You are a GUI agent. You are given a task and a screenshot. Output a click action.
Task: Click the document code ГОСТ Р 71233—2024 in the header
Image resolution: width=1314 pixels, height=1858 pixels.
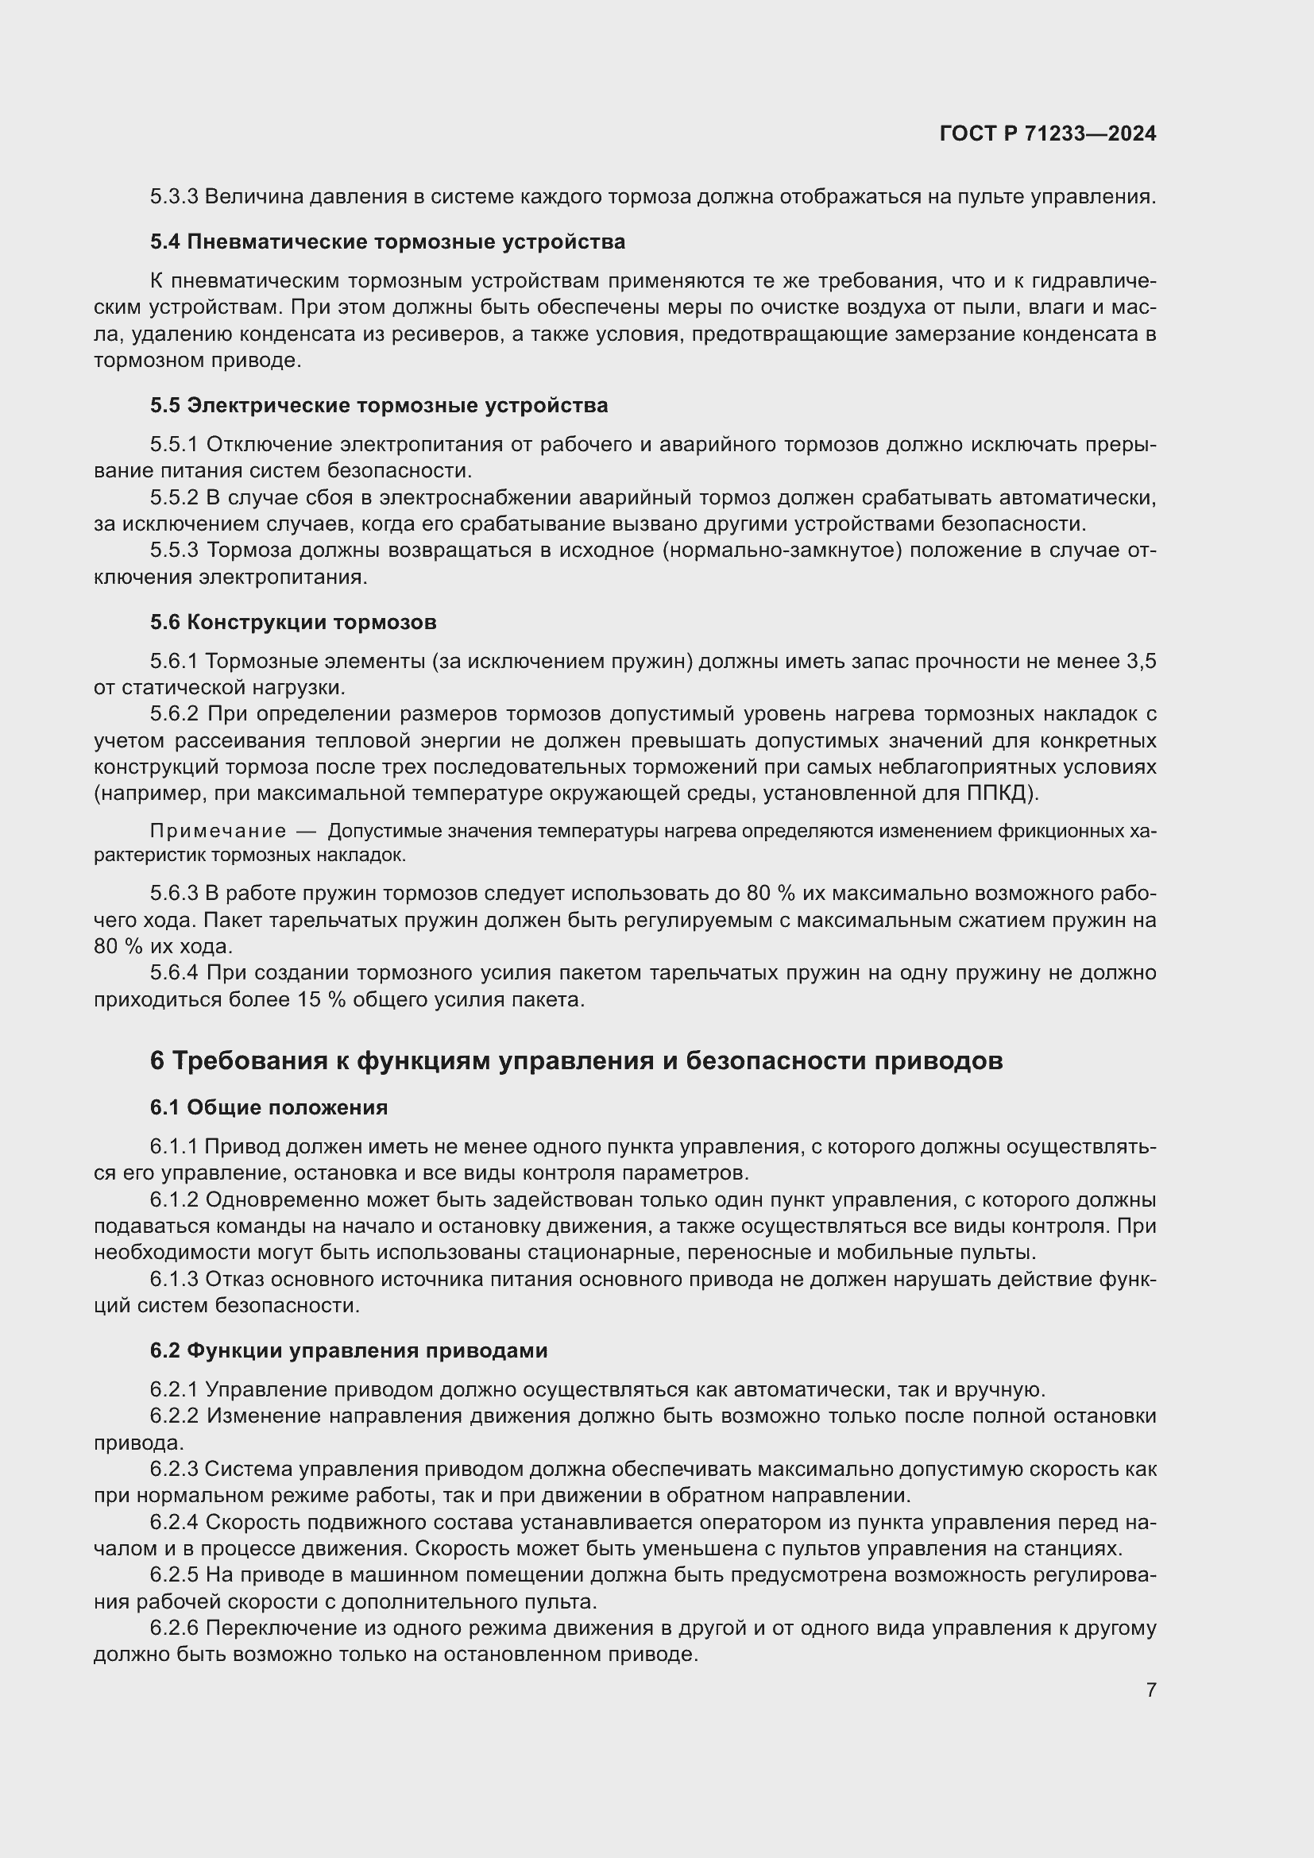pos(1048,134)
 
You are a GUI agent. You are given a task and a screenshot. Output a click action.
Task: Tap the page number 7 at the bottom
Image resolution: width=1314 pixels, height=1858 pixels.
pos(1150,1690)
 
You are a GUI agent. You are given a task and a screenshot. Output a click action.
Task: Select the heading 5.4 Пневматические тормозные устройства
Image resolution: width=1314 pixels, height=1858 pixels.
pos(387,242)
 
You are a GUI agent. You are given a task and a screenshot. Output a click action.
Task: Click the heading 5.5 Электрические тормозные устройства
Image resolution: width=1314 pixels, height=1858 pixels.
pos(379,405)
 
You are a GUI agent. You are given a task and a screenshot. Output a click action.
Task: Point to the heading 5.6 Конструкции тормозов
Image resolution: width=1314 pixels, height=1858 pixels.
pos(293,622)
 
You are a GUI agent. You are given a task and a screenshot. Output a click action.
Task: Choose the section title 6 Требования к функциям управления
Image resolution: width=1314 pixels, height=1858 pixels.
pos(576,1060)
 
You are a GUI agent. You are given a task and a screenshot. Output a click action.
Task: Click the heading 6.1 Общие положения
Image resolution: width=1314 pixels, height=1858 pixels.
pos(269,1108)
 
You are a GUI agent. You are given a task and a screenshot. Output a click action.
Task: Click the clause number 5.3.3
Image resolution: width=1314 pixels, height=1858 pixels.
pos(174,197)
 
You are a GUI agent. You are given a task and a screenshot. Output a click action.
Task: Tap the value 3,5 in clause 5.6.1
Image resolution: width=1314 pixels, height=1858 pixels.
pos(1141,662)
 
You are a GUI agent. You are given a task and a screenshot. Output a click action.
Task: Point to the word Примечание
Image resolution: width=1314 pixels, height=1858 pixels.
pos(218,832)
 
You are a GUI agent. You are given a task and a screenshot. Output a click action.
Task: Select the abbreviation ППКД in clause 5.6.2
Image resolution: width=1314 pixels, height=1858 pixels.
pos(999,794)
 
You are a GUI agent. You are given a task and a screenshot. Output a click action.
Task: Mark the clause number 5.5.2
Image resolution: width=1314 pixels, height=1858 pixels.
pos(174,498)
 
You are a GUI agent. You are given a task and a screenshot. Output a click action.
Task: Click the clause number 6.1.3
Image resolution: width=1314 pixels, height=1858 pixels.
pos(174,1280)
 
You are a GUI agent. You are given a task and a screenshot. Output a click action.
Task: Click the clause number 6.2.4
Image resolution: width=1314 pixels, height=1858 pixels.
pos(174,1522)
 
